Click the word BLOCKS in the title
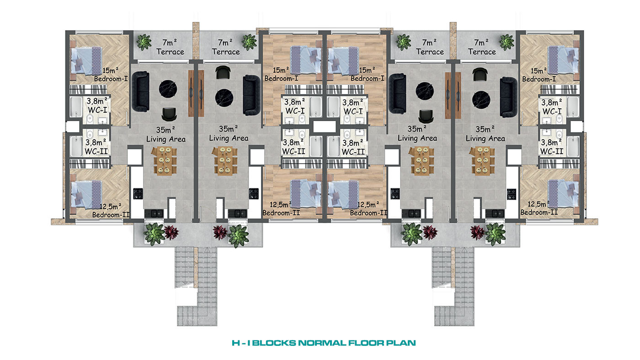click(x=274, y=343)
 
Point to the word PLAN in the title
click(x=401, y=343)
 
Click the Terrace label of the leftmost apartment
click(x=170, y=52)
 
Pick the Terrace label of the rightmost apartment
click(x=482, y=52)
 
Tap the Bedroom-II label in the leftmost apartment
click(x=111, y=215)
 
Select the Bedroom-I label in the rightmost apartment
click(x=539, y=79)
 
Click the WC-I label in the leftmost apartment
click(x=97, y=110)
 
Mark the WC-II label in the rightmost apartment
click(x=552, y=152)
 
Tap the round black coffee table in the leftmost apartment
click(x=168, y=89)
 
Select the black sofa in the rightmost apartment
click(x=508, y=97)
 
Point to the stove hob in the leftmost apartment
click(x=138, y=194)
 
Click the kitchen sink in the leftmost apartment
click(x=154, y=213)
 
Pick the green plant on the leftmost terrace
click(x=144, y=42)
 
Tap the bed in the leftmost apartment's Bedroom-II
click(x=86, y=195)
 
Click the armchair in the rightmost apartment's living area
click(x=480, y=74)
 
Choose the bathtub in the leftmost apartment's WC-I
click(x=76, y=107)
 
